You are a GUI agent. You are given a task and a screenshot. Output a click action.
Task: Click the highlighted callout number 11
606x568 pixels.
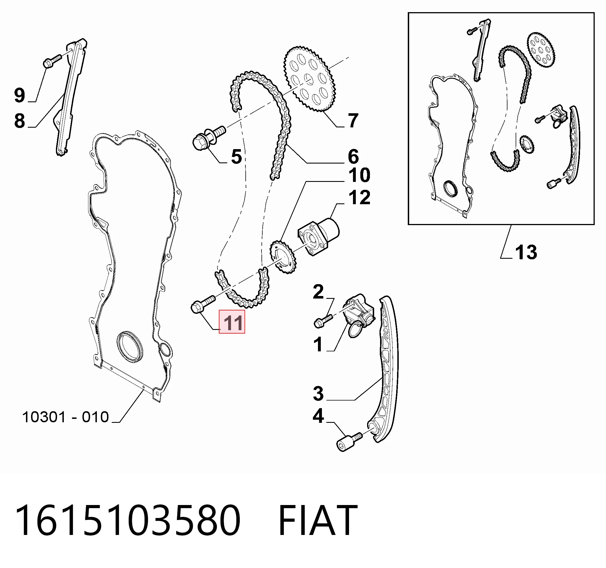pos(233,323)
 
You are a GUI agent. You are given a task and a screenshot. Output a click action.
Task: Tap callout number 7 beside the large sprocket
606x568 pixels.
pos(353,121)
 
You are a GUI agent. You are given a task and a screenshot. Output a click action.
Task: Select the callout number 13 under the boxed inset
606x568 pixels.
pos(526,253)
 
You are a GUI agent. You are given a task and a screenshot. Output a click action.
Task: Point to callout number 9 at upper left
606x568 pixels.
pos(19,95)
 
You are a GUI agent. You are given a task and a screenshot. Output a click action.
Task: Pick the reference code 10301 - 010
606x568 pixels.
pos(66,417)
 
